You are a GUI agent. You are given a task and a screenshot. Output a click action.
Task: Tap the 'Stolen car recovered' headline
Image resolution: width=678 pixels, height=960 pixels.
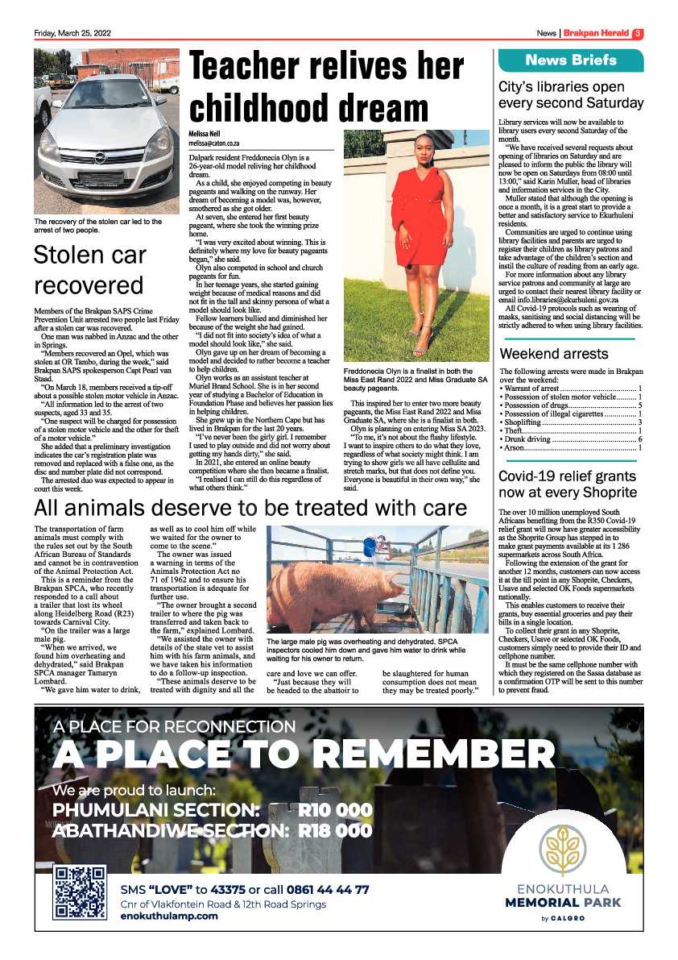tap(89, 270)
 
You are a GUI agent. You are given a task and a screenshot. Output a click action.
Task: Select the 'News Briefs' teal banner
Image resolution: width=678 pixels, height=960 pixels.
tap(571, 60)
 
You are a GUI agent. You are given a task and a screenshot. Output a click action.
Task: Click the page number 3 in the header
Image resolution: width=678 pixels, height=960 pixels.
tap(637, 34)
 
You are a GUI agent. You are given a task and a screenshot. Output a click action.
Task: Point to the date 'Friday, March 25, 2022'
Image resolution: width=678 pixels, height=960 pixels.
tap(72, 34)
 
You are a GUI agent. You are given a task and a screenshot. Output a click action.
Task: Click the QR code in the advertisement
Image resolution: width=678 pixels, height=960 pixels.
tap(79, 892)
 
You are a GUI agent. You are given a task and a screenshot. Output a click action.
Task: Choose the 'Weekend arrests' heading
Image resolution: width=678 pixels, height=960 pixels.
tap(554, 354)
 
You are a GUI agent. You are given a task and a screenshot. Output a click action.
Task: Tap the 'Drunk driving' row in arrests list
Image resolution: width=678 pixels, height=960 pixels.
tap(570, 439)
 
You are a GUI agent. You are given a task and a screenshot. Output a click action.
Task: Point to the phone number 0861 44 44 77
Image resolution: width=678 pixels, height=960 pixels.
tap(325, 890)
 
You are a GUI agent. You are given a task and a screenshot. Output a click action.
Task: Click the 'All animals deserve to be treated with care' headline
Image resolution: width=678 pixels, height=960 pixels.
tap(250, 508)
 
